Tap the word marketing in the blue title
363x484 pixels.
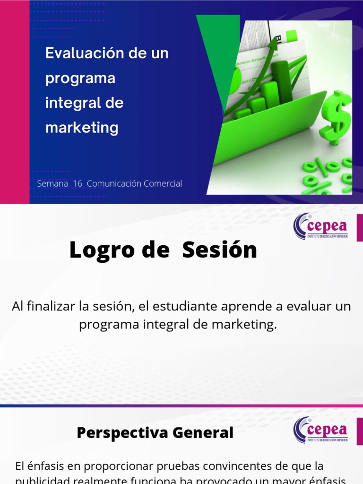[82, 127]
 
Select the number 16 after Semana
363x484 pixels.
[78, 184]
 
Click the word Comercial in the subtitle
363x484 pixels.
[161, 184]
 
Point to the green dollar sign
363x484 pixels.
[336, 119]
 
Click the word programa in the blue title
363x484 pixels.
[80, 78]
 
